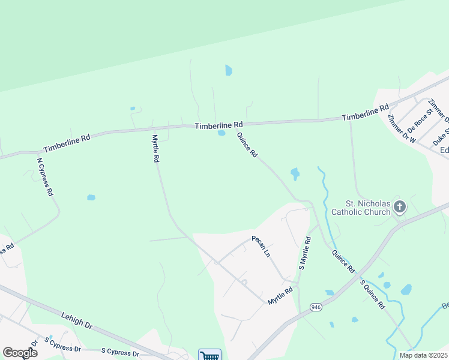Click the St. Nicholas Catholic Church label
pyautogui.click(x=367, y=208)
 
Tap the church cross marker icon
pyautogui.click(x=400, y=208)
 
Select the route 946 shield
pyautogui.click(x=316, y=307)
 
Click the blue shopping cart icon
pyautogui.click(x=209, y=355)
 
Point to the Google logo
pyautogui.click(x=20, y=353)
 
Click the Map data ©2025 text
pyautogui.click(x=423, y=355)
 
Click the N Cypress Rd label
pyautogui.click(x=45, y=176)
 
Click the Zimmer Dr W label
pyautogui.click(x=402, y=128)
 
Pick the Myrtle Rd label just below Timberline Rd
pyautogui.click(x=154, y=149)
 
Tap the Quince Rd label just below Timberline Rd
pyautogui.click(x=247, y=145)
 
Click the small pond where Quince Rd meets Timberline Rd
pyautogui.click(x=221, y=133)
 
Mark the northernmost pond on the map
pyautogui.click(x=228, y=71)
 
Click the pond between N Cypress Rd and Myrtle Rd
pyautogui.click(x=91, y=197)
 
